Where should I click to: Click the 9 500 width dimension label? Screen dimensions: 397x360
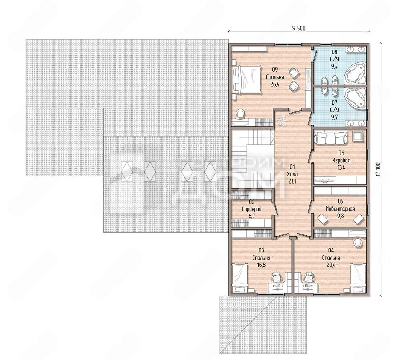click(299, 28)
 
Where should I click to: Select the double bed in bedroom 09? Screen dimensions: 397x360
click(247, 79)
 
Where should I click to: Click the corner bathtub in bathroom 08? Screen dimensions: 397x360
click(355, 73)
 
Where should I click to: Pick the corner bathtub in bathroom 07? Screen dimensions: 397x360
click(355, 98)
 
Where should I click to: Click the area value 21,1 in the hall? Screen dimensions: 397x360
click(292, 181)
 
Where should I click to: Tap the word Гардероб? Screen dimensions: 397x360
click(252, 209)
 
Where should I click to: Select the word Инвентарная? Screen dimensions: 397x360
click(340, 209)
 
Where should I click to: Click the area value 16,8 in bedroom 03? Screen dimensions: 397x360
click(261, 265)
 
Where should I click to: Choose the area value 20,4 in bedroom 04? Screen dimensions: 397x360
click(331, 265)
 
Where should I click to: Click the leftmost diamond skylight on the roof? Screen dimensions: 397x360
click(127, 171)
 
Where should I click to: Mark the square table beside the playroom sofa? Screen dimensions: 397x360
click(357, 137)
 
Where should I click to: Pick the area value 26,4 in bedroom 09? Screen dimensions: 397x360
click(275, 84)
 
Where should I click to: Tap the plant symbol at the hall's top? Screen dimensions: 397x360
click(281, 119)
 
